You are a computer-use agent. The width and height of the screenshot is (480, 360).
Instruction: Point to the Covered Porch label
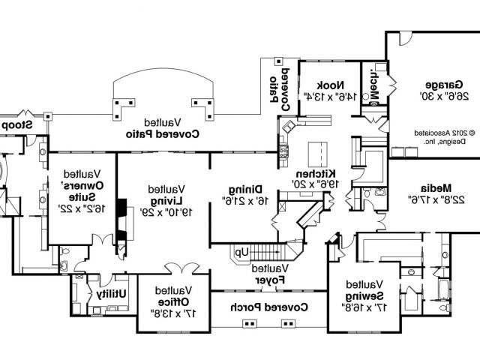(269, 306)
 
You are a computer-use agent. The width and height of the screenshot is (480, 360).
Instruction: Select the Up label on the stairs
(243, 253)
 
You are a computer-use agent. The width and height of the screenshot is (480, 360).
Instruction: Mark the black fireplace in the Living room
(118, 217)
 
